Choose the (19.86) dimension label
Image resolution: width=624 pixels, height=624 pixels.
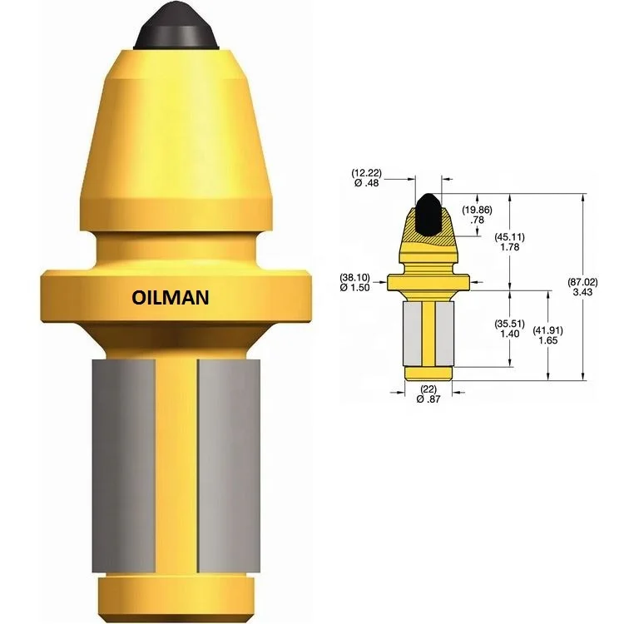[x=476, y=209]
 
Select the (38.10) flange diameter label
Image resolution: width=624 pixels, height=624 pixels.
[x=355, y=277]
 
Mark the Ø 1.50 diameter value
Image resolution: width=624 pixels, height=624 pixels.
[x=355, y=288]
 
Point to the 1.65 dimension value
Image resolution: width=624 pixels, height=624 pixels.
[x=547, y=340]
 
